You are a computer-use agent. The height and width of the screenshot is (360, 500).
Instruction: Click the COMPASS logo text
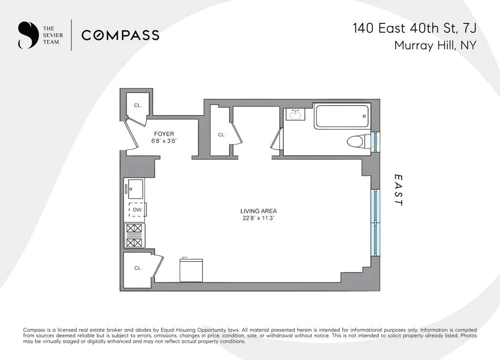click(120, 35)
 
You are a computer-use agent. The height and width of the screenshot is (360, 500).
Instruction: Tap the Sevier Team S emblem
click(25, 35)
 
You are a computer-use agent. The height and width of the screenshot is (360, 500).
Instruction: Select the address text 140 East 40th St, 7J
click(414, 28)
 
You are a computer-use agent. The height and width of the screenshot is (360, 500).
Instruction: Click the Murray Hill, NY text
click(435, 46)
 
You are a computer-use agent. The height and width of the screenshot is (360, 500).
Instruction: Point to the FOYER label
click(164, 134)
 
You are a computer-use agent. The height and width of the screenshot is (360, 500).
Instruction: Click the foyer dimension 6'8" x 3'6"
click(164, 142)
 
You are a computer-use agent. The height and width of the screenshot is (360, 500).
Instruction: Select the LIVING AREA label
click(258, 211)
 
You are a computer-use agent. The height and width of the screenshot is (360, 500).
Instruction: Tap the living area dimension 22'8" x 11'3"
click(258, 219)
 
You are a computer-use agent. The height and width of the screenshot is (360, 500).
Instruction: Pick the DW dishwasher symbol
click(137, 210)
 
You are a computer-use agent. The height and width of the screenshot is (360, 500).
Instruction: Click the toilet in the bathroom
click(358, 142)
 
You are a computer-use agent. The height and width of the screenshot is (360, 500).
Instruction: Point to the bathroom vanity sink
click(294, 115)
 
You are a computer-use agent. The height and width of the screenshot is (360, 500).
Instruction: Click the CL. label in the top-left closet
click(138, 105)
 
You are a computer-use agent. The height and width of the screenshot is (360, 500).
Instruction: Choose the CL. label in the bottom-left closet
click(138, 268)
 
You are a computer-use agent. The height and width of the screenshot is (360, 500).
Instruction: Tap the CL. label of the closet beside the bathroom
click(221, 135)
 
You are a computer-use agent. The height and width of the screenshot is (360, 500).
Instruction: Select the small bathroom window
click(375, 141)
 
